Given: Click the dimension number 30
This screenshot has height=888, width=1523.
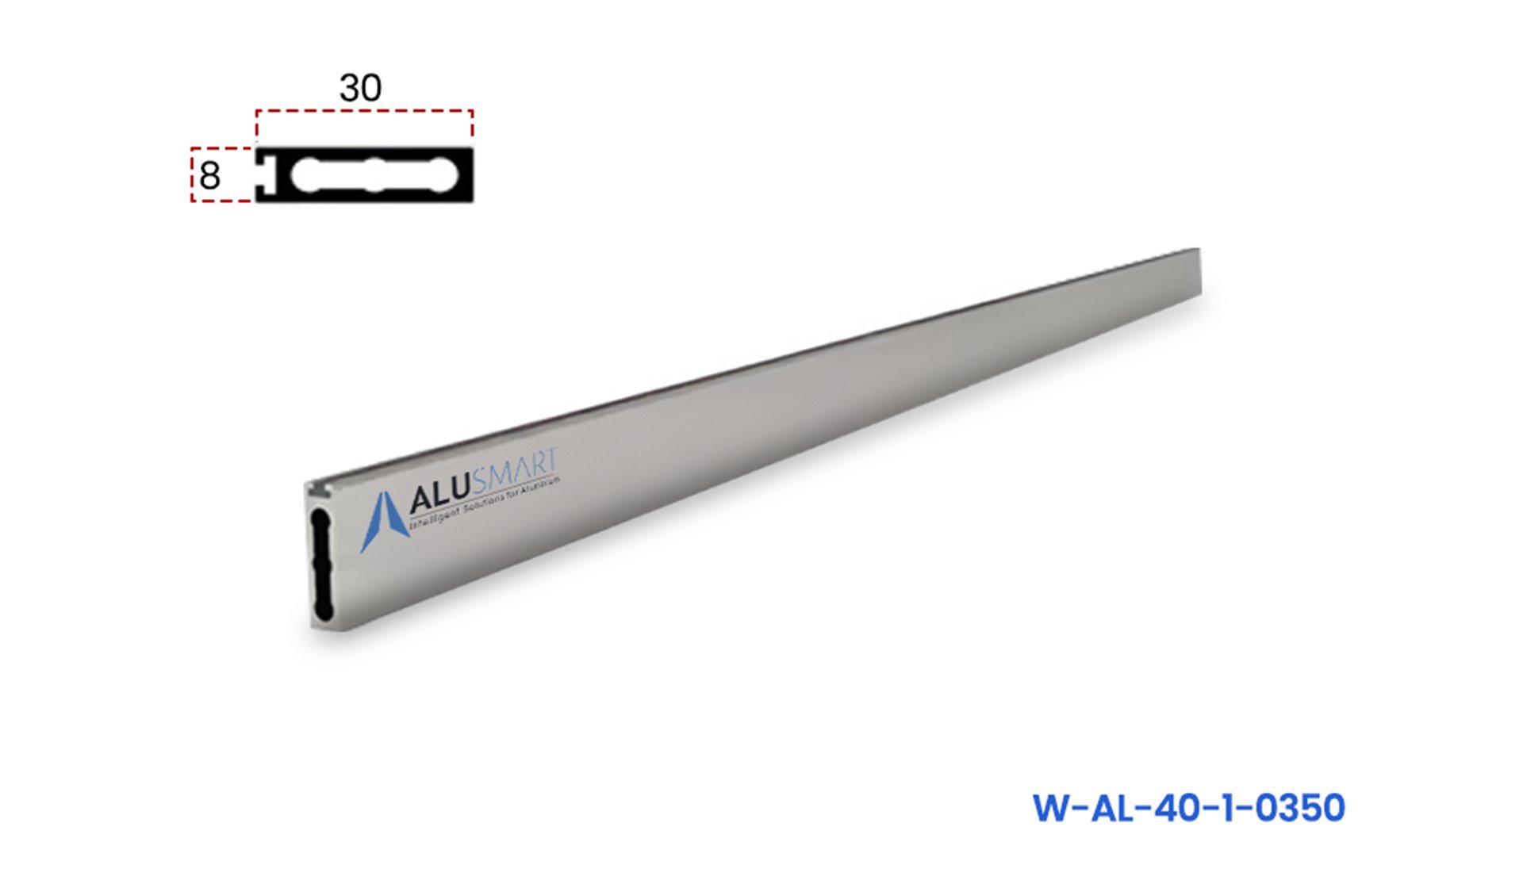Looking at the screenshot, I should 360,87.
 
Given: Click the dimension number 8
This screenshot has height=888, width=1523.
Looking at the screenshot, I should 209,176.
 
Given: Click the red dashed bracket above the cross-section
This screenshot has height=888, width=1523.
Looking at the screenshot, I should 364,112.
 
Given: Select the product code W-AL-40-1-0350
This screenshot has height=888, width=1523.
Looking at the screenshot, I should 1188,808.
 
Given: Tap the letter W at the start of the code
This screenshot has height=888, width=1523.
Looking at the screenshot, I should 1053,808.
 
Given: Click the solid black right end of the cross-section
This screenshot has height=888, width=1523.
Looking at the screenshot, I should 466,175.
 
